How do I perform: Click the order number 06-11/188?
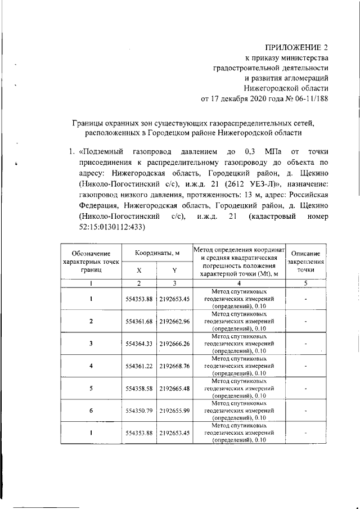point(309,100)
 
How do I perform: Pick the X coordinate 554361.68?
point(139,321)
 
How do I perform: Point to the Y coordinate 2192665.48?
point(174,388)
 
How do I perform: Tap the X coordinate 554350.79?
point(139,411)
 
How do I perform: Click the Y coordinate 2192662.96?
point(174,321)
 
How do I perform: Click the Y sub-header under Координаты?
point(174,270)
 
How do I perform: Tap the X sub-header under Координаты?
point(139,270)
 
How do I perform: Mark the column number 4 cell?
point(238,283)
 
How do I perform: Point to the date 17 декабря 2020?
point(242,100)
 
